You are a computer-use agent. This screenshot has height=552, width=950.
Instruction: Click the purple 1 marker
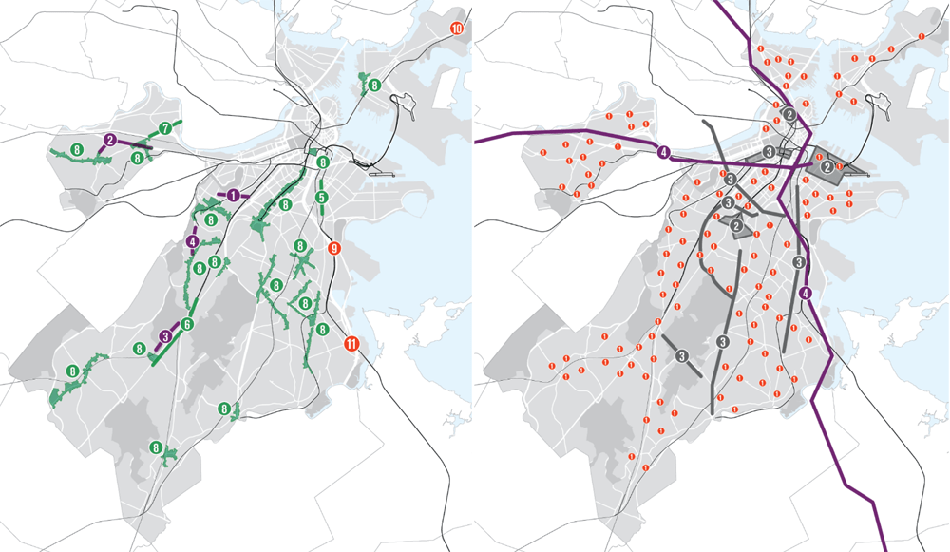(234, 195)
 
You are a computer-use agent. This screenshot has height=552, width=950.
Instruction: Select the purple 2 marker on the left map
(111, 140)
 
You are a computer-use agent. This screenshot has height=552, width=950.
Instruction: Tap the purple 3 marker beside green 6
(165, 335)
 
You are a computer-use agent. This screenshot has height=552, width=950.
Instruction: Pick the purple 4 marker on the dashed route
(193, 241)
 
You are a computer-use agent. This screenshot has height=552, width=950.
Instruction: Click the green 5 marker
(322, 198)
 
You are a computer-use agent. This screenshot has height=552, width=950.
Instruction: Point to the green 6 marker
(187, 325)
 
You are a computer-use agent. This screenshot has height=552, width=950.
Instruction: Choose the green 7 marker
(164, 127)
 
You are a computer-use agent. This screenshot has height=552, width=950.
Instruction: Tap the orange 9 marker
(332, 249)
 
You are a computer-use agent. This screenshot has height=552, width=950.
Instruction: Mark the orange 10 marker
(457, 29)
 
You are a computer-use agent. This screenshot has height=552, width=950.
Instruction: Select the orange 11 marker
(351, 344)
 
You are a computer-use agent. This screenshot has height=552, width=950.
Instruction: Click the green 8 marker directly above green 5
(323, 163)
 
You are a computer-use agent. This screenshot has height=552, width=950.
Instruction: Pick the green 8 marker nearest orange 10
(374, 86)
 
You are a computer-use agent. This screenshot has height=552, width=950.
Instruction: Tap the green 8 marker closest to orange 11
(322, 330)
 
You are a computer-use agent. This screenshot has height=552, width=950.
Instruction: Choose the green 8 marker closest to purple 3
(139, 349)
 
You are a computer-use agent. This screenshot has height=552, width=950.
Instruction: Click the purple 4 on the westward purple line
(663, 152)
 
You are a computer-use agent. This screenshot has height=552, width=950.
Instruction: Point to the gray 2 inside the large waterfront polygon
(827, 167)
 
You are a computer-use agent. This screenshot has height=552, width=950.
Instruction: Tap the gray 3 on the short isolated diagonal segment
(682, 356)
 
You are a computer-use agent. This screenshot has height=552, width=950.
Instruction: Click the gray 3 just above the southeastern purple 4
(800, 262)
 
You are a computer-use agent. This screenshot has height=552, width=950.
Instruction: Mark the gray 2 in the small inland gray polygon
(736, 225)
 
